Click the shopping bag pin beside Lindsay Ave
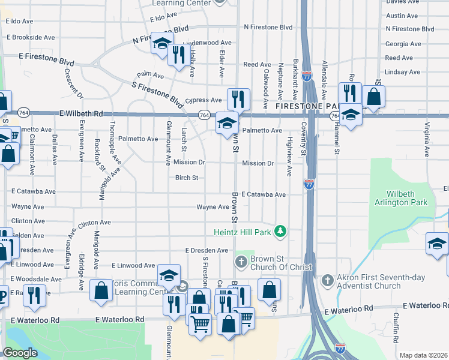(x=373, y=96)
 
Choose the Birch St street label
(x=187, y=178)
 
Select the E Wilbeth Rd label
(x=82, y=113)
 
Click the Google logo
(x=20, y=353)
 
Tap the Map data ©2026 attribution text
(x=424, y=355)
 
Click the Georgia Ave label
(x=403, y=44)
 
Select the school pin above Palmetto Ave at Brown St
(x=226, y=123)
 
